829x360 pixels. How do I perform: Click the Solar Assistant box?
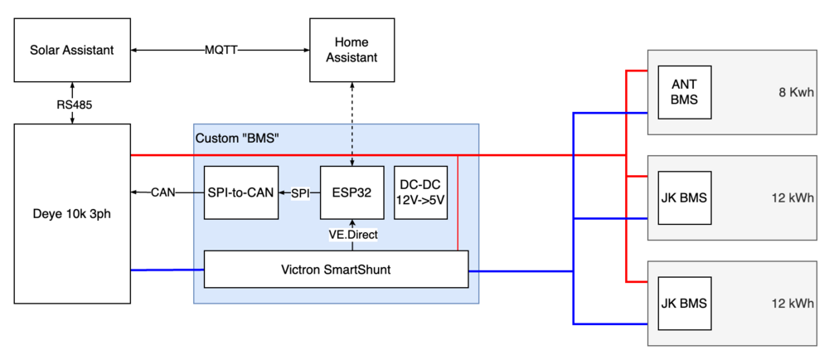pos(72,51)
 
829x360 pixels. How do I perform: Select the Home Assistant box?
pos(351,51)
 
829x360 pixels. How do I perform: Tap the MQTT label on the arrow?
pos(221,50)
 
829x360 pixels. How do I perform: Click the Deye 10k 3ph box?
pos(72,213)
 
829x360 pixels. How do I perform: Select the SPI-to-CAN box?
pos(240,192)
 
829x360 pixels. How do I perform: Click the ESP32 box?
pos(351,192)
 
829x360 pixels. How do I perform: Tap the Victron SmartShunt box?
pos(335,269)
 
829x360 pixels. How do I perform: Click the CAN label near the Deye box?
pos(162,192)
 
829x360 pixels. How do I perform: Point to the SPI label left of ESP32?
pos(300,192)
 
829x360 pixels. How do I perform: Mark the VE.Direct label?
pos(353,235)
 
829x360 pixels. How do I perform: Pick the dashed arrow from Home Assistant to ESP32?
pos(352,124)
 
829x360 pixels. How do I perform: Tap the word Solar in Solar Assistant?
pos(49,51)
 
